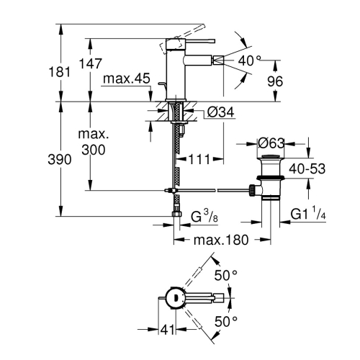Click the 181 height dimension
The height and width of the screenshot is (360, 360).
click(x=60, y=72)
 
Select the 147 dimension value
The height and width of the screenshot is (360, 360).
click(x=90, y=63)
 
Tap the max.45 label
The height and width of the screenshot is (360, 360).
click(x=127, y=78)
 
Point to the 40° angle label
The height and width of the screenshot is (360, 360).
click(x=249, y=60)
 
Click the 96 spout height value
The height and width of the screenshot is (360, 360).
click(x=275, y=81)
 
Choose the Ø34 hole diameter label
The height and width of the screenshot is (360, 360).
click(x=220, y=112)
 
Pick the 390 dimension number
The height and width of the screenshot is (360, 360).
click(x=60, y=159)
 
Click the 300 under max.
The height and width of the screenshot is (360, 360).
click(x=94, y=150)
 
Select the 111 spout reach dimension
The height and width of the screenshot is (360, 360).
click(x=199, y=159)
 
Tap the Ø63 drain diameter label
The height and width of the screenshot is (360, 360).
click(x=271, y=143)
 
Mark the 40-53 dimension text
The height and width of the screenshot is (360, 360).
click(x=307, y=168)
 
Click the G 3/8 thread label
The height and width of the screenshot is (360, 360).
click(x=204, y=215)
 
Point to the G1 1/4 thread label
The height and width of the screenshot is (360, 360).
click(x=308, y=212)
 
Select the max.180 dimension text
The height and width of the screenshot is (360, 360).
click(x=221, y=240)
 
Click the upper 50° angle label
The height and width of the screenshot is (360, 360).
click(x=225, y=275)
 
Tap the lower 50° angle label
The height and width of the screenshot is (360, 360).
click(x=226, y=321)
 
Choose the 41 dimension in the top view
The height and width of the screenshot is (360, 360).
click(x=167, y=330)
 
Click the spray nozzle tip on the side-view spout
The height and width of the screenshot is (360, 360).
click(x=217, y=60)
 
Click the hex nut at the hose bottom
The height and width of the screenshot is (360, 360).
click(x=177, y=214)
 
